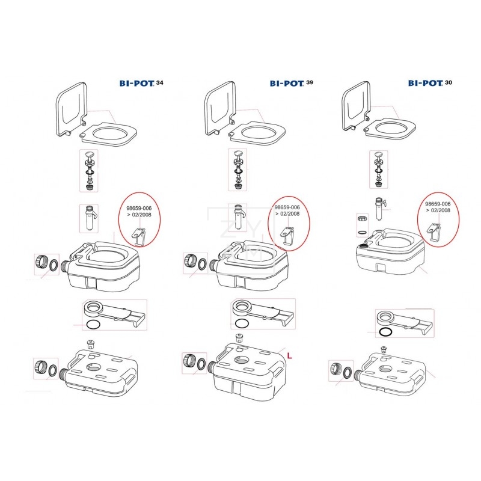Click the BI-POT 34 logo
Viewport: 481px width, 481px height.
click(141, 83)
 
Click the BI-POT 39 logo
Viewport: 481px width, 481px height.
click(292, 83)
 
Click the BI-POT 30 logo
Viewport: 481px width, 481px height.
click(430, 83)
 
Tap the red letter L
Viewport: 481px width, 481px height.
click(289, 355)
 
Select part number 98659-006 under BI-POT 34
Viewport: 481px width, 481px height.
click(139, 208)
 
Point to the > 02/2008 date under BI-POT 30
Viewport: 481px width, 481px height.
click(438, 210)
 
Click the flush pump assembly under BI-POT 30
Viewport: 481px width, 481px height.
click(379, 169)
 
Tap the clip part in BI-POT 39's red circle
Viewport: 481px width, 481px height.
click(288, 236)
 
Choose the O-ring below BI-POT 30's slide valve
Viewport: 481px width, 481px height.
click(385, 332)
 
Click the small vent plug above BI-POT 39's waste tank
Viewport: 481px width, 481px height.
click(239, 338)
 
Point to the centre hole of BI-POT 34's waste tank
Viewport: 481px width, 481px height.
click(94, 367)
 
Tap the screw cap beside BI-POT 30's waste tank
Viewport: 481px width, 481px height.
click(335, 368)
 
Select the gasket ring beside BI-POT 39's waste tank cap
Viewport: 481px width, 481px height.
click(202, 364)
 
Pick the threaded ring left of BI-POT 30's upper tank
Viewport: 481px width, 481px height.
click(363, 219)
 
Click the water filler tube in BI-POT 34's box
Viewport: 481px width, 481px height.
click(89, 218)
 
